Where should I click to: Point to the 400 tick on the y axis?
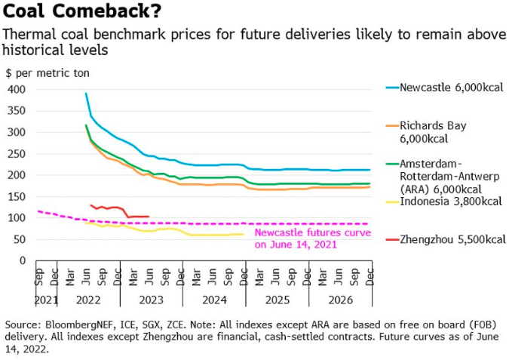pos(17,89)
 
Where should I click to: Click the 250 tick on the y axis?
pos(17,153)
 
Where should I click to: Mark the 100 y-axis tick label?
pos(17,217)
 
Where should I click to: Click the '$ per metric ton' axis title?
pos(48,73)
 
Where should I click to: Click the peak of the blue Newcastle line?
pos(86,94)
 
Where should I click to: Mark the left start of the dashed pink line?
pos(38,211)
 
